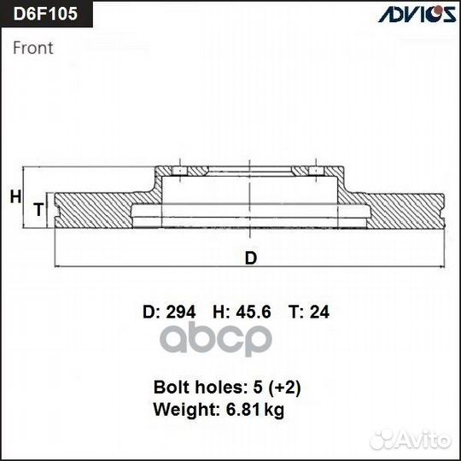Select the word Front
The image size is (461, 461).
tap(32, 48)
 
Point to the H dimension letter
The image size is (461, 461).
tap(15, 197)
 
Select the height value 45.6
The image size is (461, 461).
tap(254, 312)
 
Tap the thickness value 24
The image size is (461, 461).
tap(319, 312)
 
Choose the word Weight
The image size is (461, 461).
tap(180, 410)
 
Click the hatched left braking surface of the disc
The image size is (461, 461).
tap(94, 209)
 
